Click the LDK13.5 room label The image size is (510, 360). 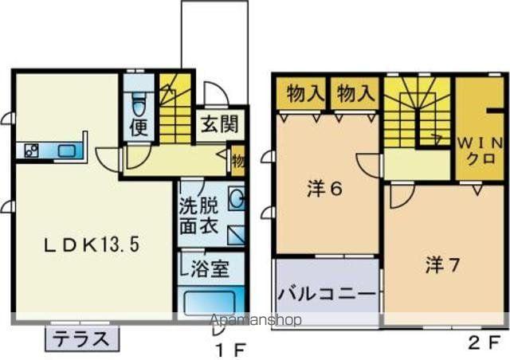(92, 246)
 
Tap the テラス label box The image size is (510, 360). (81, 338)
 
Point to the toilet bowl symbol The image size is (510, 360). (139, 103)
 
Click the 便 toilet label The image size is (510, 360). (139, 128)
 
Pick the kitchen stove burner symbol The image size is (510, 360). (33, 150)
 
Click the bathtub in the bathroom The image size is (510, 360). (210, 303)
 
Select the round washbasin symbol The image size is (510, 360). (237, 199)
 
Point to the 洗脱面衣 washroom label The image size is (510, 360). (198, 214)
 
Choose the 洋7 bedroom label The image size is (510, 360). (441, 264)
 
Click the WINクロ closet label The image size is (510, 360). (479, 149)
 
